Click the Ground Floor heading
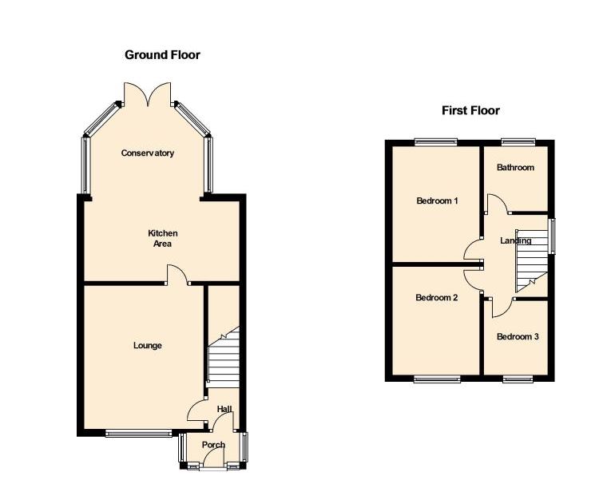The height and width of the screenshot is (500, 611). pos(162,55)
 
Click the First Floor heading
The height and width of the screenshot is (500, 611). pos(470,111)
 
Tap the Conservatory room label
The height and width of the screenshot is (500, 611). pos(147,153)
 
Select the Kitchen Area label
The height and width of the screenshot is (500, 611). pos(162,239)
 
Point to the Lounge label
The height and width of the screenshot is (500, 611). pos(147,345)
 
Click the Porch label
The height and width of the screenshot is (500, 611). pos(213,445)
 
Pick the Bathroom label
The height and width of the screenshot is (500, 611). pos(515,168)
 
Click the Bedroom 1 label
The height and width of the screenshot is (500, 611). pos(437,200)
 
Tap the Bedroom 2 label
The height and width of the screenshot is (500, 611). pos(436,298)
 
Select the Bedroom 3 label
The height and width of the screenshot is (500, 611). pos(518,336)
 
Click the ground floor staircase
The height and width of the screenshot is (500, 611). pos(224,357)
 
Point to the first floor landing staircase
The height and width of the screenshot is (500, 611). pos(531,260)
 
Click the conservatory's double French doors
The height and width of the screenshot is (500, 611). pos(147,94)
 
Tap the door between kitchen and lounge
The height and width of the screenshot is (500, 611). pos(177,275)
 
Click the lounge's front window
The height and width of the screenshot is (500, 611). pos(138,433)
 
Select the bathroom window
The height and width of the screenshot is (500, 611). pos(518,142)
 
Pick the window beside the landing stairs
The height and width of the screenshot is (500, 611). pos(552,236)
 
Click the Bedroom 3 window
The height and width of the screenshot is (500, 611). pos(518,379)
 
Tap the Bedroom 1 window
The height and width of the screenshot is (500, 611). pos(436,142)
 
